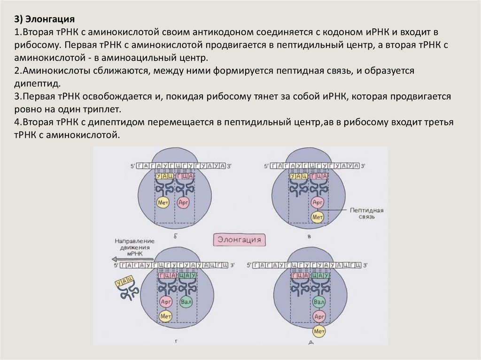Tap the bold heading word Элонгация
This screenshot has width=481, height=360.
click(x=49, y=19)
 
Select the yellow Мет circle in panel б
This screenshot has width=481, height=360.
click(x=163, y=203)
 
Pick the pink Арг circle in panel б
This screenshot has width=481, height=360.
click(x=184, y=203)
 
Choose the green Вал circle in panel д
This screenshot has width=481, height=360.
click(x=319, y=301)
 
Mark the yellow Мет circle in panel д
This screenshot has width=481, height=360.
click(x=319, y=331)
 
